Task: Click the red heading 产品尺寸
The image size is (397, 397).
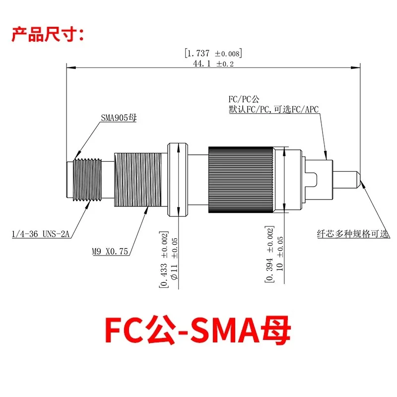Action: [48, 34]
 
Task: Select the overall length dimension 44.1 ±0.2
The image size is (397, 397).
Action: [213, 64]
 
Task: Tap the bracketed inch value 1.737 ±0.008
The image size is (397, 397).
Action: [213, 53]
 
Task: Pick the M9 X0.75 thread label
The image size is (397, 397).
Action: [110, 252]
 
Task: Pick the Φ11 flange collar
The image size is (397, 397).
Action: [177, 180]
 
